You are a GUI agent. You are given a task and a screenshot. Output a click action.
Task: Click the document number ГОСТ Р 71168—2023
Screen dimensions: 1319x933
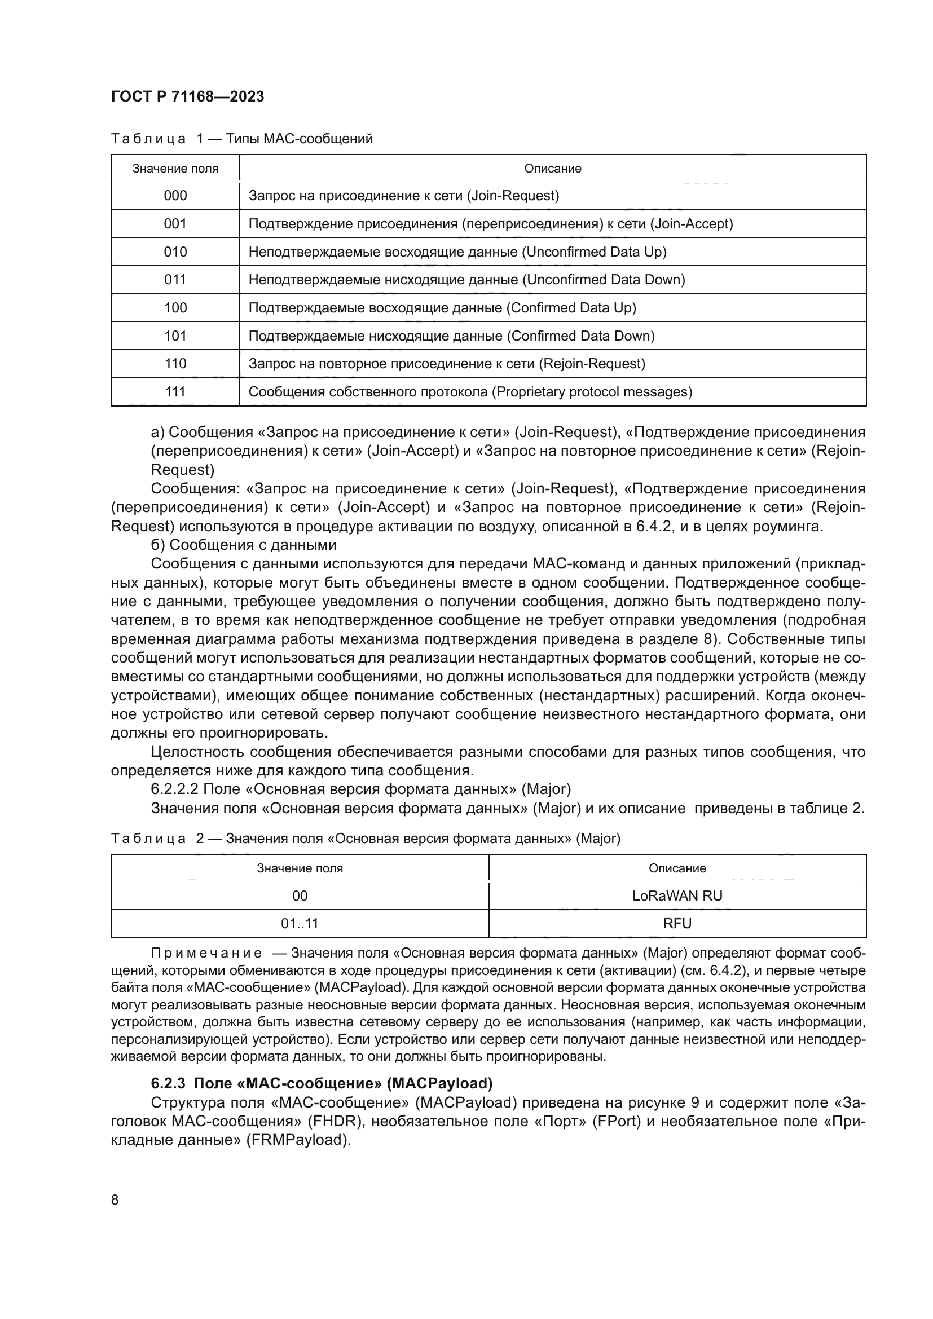pos(187,96)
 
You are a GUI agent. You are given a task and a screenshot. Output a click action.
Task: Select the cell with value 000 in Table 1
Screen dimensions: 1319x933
pos(175,196)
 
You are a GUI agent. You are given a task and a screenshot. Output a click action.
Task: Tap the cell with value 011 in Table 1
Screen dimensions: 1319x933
pos(175,280)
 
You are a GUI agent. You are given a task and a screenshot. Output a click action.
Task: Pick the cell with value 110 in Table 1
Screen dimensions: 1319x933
pos(175,364)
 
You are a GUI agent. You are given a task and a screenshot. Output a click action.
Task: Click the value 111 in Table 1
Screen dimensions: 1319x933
pos(175,392)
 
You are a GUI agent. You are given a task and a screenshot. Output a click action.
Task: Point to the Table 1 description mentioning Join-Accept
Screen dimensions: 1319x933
pos(491,224)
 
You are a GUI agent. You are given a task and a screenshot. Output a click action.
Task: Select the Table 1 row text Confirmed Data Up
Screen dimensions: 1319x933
pos(442,308)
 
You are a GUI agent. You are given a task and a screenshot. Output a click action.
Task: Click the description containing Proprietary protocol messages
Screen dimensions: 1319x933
pos(470,392)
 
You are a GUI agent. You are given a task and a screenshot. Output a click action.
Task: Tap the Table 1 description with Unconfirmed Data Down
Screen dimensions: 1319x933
pos(466,280)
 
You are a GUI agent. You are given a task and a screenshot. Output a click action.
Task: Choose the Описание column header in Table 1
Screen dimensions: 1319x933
pos(553,168)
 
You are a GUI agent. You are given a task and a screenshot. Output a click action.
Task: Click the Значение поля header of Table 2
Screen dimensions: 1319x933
pos(300,868)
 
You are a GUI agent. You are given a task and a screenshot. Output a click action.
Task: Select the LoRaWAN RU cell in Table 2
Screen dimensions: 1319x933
pos(677,895)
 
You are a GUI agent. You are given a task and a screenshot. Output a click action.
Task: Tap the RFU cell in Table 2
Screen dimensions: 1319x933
pos(677,923)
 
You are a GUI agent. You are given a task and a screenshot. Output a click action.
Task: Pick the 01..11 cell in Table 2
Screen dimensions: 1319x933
pos(300,923)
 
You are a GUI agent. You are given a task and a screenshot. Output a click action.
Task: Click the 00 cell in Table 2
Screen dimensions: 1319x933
pos(300,895)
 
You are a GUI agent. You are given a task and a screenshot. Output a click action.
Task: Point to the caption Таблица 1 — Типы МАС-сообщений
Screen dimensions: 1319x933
pos(242,139)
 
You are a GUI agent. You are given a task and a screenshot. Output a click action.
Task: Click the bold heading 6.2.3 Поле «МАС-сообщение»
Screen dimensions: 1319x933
pos(322,1083)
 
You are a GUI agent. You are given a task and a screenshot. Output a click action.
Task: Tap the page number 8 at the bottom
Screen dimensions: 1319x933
pos(115,1199)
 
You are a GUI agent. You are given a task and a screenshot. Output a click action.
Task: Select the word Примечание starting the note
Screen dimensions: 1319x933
pos(206,953)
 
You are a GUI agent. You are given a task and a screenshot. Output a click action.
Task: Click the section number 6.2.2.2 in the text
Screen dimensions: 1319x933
pos(175,789)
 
